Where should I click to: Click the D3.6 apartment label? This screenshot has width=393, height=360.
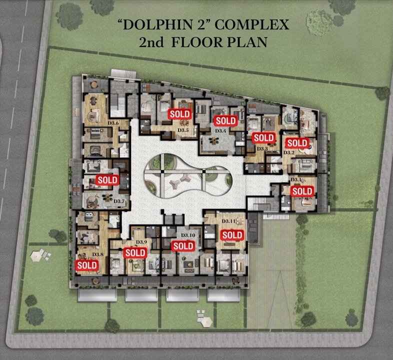pyautogui.click(x=113, y=123)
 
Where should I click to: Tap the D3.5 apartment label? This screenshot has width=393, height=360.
pyautogui.click(x=183, y=130)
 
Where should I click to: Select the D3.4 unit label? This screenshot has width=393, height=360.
pyautogui.click(x=220, y=130)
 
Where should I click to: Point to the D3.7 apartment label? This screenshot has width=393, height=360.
pyautogui.click(x=119, y=201)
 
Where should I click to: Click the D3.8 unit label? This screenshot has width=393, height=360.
pyautogui.click(x=97, y=254)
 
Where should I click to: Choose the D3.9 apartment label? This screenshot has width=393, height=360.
pyautogui.click(x=141, y=242)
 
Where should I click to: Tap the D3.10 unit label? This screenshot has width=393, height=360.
pyautogui.click(x=188, y=235)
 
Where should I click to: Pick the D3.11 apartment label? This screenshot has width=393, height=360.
pyautogui.click(x=228, y=221)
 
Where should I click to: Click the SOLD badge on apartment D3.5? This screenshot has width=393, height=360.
pyautogui.click(x=180, y=114)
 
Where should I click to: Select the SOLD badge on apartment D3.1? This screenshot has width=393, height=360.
pyautogui.click(x=302, y=191)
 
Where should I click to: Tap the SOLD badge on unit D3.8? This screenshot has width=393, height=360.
pyautogui.click(x=87, y=265)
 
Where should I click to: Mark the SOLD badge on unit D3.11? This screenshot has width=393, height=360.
pyautogui.click(x=232, y=235)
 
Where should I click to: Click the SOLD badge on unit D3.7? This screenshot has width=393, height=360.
pyautogui.click(x=107, y=180)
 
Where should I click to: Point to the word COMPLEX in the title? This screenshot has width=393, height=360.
pyautogui.click(x=252, y=25)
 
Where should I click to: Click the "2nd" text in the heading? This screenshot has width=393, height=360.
pyautogui.click(x=151, y=42)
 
